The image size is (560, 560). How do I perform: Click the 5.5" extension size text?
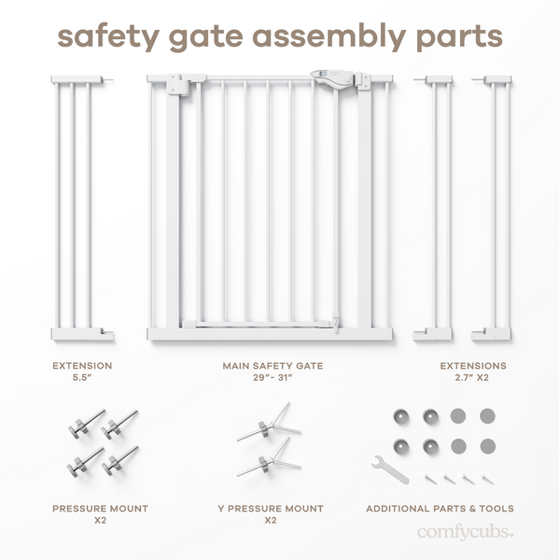pyautogui.click(x=81, y=378)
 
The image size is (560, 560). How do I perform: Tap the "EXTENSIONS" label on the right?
pyautogui.click(x=473, y=366)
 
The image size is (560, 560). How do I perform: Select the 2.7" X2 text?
pyautogui.click(x=473, y=378)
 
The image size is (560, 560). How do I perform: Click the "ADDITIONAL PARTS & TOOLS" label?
pyautogui.click(x=440, y=509)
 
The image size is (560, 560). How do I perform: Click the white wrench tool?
pyautogui.click(x=389, y=469)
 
